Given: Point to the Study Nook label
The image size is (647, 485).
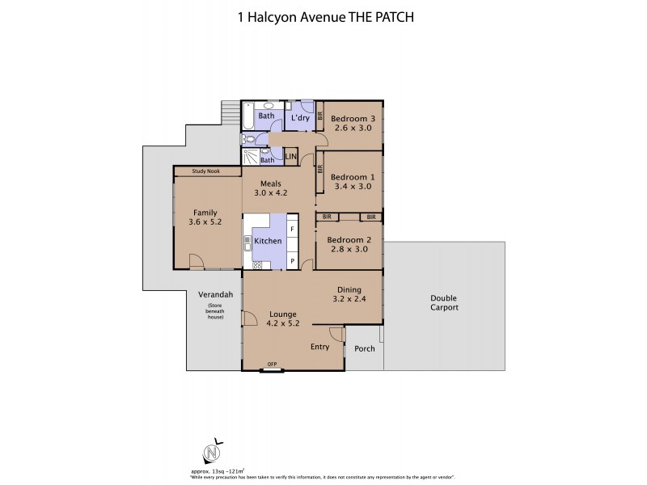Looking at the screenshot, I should point(206,171).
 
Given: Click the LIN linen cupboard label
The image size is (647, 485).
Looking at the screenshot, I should point(290,156).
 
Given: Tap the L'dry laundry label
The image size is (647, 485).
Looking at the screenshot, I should point(301,119).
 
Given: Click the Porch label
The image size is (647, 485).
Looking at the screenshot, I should point(364,349).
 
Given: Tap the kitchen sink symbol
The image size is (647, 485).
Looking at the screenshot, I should point(248,240).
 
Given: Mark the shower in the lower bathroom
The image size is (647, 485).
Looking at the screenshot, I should point(249,158).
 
